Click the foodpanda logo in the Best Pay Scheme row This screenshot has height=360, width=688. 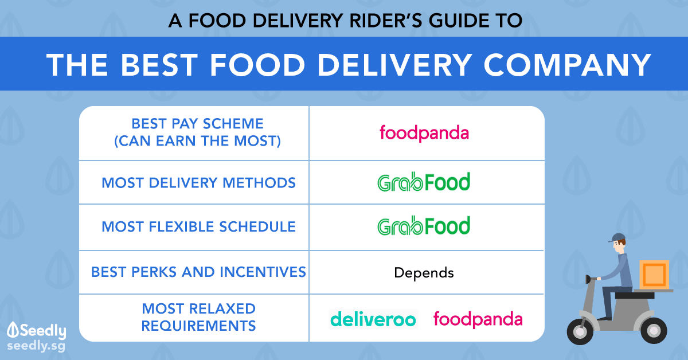tap(424, 133)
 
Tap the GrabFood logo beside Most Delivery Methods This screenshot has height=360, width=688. tap(424, 182)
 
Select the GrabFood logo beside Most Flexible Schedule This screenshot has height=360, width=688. tap(424, 225)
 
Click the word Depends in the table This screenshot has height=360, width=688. tap(424, 273)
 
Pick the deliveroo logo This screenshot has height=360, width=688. tap(373, 319)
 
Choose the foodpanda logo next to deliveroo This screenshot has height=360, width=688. tap(478, 319)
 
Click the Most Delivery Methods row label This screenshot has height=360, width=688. tap(199, 183)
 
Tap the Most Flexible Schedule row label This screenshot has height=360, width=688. tap(199, 226)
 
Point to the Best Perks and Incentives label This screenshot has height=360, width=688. tap(199, 272)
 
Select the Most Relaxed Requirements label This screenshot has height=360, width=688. tap(199, 317)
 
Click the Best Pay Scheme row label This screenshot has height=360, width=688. tap(197, 132)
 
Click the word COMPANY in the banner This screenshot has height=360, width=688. tap(567, 65)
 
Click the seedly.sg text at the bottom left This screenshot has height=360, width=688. tap(36, 346)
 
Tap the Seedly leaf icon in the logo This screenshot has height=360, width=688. tap(13, 330)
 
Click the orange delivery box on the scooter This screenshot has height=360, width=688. tap(654, 275)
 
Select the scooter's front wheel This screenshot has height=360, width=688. tap(580, 331)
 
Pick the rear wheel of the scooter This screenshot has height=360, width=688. tap(654, 331)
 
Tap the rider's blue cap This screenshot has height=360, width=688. tap(618, 237)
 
